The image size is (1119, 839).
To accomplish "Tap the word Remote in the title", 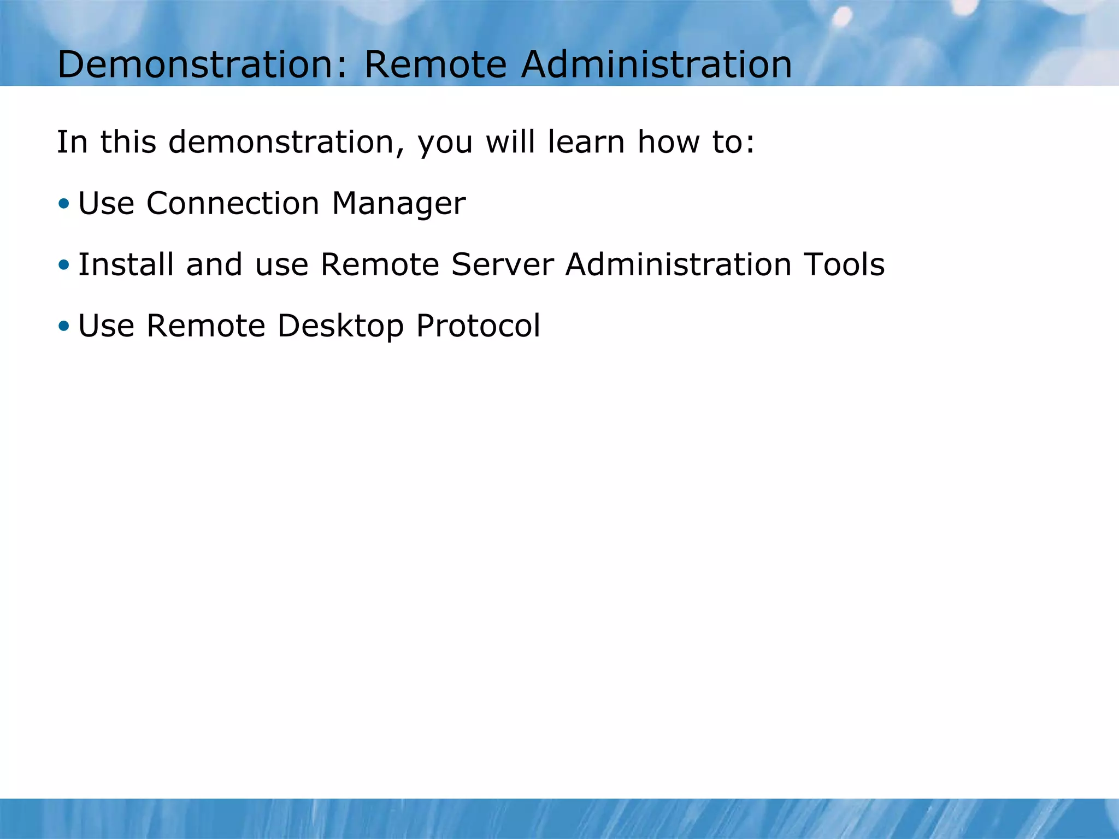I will tap(435, 64).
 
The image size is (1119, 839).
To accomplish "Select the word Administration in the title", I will tap(656, 64).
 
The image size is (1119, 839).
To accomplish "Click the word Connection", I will tap(232, 204).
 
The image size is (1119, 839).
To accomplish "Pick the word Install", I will tap(126, 264).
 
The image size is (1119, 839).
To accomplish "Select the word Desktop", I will tap(341, 326).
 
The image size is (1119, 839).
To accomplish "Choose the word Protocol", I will tap(478, 326).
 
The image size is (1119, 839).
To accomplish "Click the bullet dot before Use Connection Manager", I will tap(64, 204).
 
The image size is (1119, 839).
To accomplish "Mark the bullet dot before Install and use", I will tap(64, 265).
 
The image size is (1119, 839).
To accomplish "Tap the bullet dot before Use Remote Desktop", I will tap(64, 327).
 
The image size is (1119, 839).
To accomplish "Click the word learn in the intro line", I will tap(586, 142).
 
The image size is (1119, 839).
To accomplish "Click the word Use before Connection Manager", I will tap(107, 204).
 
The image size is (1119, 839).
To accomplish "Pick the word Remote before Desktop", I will tap(206, 326).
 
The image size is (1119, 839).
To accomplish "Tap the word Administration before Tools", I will tap(678, 264).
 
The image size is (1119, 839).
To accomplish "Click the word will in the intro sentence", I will tap(510, 142).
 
